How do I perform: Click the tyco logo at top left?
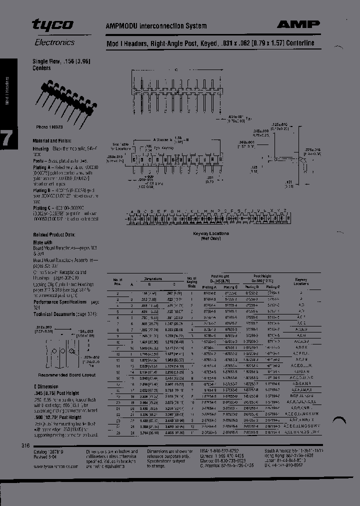[x=52, y=25]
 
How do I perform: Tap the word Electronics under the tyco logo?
[x=54, y=42]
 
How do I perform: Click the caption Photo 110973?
[x=48, y=127]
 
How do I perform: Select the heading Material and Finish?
[x=52, y=141]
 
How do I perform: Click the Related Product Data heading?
[x=54, y=234]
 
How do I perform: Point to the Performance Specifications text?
[x=59, y=302]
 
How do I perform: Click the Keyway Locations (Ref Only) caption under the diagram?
[x=211, y=236]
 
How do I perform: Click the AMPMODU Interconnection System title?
[x=156, y=25]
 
